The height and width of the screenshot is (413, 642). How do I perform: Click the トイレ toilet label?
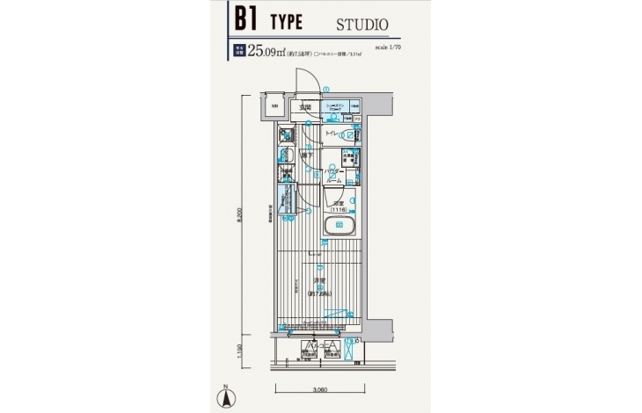(x=332, y=133)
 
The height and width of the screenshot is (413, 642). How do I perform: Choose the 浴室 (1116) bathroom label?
(x=338, y=208)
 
